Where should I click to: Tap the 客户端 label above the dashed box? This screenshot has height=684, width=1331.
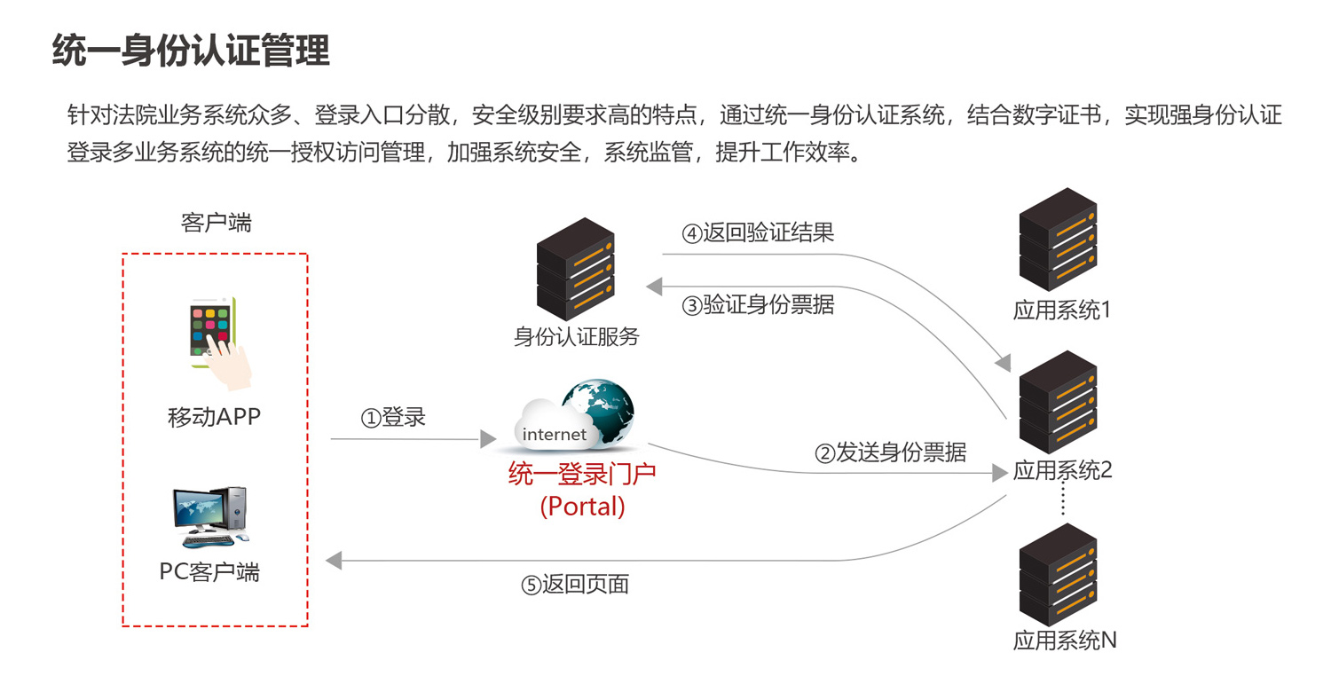tap(216, 223)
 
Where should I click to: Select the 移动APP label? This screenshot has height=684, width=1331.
tap(215, 416)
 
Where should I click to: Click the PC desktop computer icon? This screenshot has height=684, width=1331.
tap(209, 517)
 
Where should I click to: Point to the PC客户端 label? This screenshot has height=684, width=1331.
tap(209, 571)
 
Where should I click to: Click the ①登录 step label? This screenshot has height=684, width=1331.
tap(393, 417)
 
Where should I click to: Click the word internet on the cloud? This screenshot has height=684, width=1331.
tap(555, 434)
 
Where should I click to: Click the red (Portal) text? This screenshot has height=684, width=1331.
tap(582, 506)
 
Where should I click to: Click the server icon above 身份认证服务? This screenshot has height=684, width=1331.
tap(576, 270)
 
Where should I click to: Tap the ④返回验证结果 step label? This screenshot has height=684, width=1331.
tap(758, 233)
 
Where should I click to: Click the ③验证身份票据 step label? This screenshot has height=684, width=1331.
tap(758, 304)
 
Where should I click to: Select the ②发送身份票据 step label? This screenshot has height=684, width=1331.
tap(891, 452)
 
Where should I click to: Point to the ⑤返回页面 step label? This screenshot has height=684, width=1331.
tap(575, 585)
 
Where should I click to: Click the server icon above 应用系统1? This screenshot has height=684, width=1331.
tap(1058, 240)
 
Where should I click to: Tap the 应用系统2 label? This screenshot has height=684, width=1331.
tap(1062, 471)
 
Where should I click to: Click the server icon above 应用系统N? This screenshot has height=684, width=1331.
tap(1058, 575)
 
